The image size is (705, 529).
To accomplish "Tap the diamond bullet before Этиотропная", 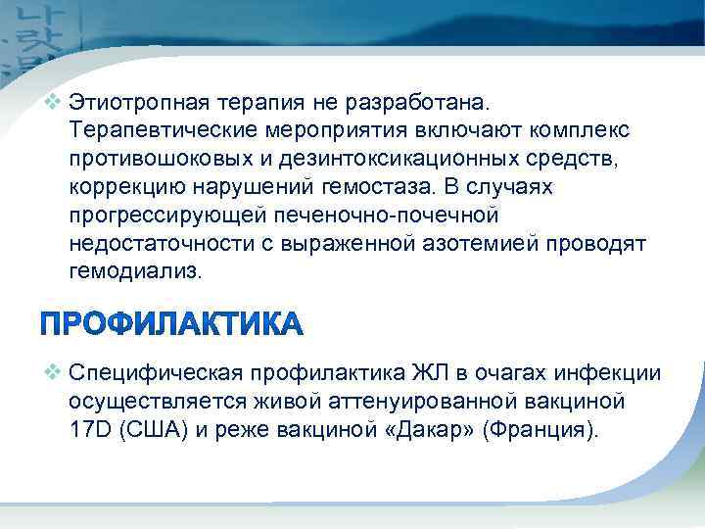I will (x=54, y=102).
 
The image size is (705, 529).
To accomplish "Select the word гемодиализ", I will (x=133, y=270).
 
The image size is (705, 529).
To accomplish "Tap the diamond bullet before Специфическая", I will (x=54, y=373).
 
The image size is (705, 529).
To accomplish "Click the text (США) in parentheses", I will (x=149, y=430).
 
